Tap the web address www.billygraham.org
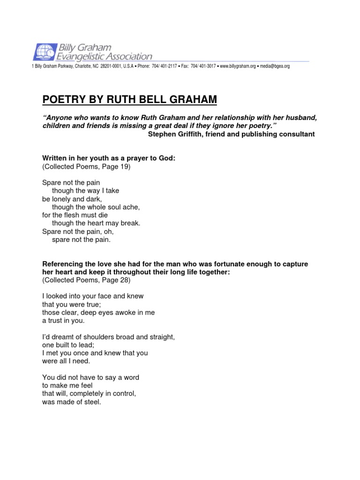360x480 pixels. pyautogui.click(x=238, y=67)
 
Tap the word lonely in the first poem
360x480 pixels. pyautogui.click(x=63, y=199)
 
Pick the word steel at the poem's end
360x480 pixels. pyautogui.click(x=93, y=402)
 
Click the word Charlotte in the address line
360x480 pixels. pyautogui.click(x=82, y=67)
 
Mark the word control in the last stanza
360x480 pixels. pyautogui.click(x=124, y=394)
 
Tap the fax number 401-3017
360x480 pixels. pyautogui.click(x=206, y=67)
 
